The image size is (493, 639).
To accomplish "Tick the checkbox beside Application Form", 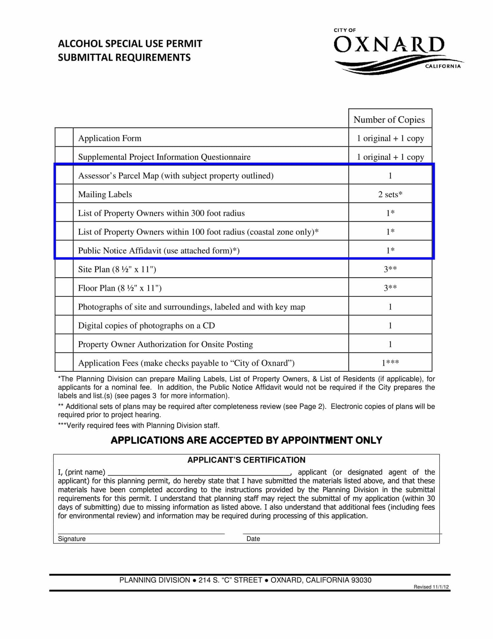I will pos(64,138).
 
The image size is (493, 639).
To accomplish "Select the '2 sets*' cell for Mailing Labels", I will pos(390,194).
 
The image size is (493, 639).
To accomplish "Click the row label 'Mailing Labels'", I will pos(105,194).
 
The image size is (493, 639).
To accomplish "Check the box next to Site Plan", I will pos(64,269).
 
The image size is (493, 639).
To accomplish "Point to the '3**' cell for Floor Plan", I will pos(390,288).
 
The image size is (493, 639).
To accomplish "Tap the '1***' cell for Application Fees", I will pos(390,363).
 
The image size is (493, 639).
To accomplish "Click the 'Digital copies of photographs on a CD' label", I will pos(146,326).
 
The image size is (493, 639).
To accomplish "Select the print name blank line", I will pos(199,472).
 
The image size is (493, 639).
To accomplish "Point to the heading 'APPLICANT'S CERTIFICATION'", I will pos(246,460).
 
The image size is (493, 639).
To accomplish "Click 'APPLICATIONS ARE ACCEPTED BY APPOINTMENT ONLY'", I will pos(246,440).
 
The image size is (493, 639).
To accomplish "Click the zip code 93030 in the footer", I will pos(361,580).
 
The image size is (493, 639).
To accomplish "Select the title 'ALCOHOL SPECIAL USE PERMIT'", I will pos(130,44).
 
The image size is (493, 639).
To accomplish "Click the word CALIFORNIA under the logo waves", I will pos(443,66).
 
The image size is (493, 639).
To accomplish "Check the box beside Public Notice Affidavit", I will pos(64,250).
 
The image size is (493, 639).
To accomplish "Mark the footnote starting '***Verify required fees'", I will pos(139,426).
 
